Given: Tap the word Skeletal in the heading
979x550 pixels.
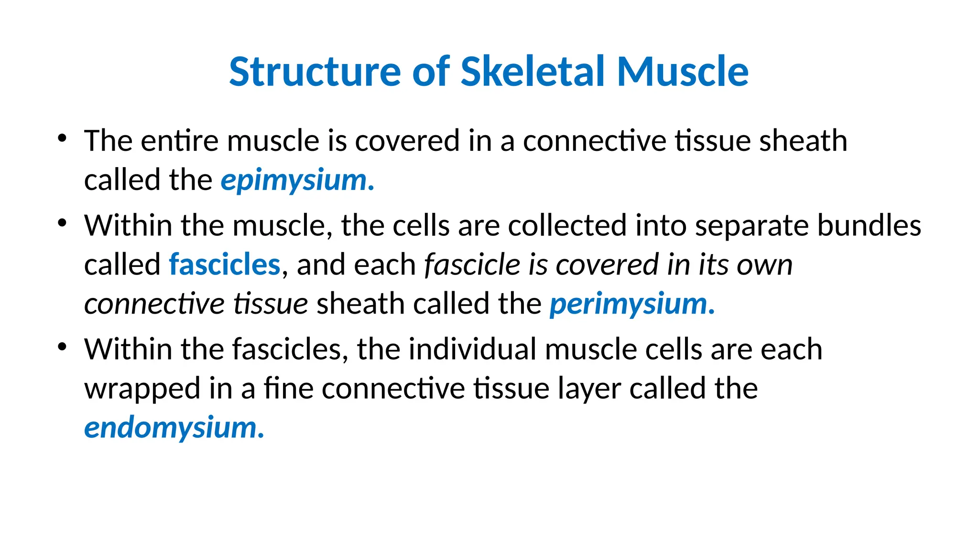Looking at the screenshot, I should click(x=533, y=72).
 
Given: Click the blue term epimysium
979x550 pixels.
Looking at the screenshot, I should click(x=296, y=180).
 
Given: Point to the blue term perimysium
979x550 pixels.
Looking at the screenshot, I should click(x=631, y=304).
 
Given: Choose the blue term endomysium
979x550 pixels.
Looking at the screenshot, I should click(x=174, y=427).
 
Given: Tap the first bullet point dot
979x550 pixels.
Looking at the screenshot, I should click(x=62, y=139).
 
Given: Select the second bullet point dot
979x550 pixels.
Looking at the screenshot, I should click(x=62, y=223).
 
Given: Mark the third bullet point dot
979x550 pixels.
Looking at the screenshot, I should click(x=62, y=347).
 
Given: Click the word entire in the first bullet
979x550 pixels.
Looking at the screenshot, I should click(x=180, y=141).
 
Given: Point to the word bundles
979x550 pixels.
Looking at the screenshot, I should click(x=869, y=225).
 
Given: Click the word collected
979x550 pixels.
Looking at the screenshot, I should click(x=567, y=225).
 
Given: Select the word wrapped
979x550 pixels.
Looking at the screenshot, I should click(x=142, y=389).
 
